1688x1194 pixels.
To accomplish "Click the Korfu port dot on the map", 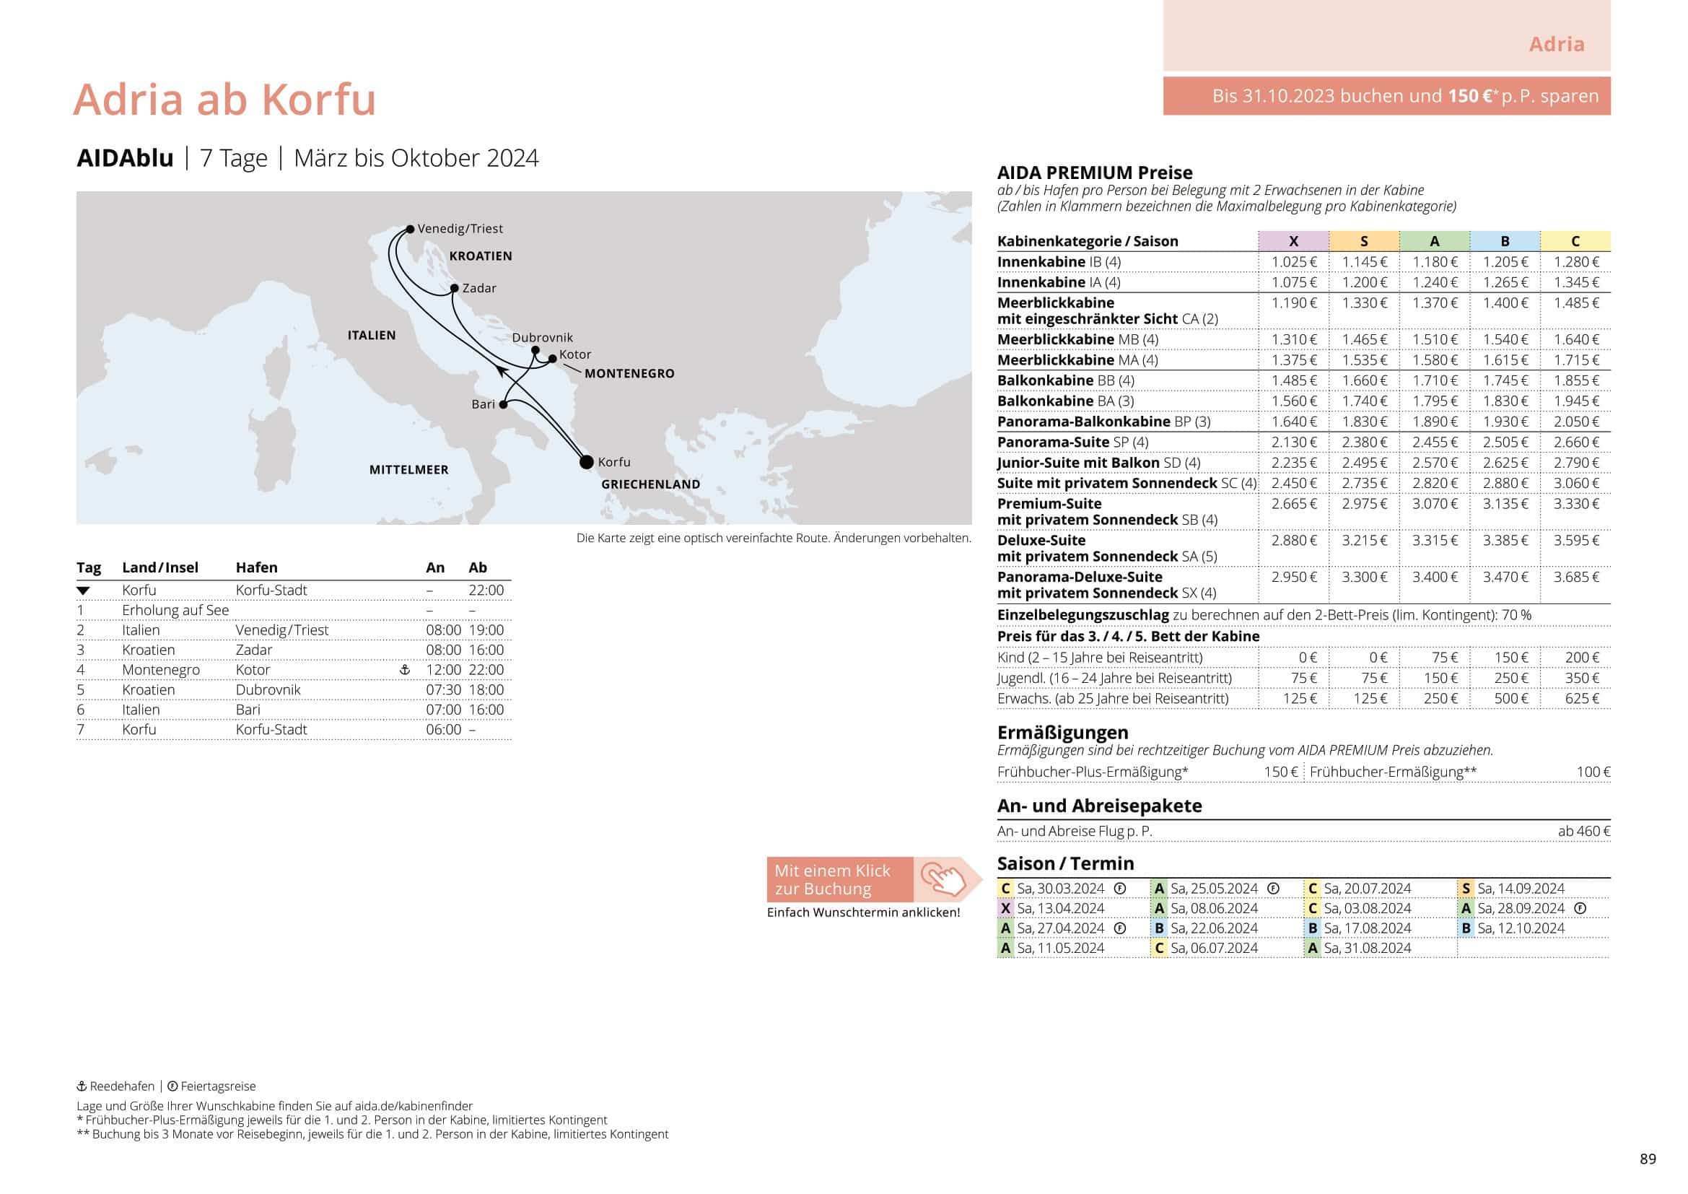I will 586,463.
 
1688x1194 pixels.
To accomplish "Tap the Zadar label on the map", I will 478,288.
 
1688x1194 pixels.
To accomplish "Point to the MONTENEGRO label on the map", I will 629,373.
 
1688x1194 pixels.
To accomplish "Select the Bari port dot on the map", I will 503,404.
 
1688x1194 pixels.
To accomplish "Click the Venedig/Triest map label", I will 460,229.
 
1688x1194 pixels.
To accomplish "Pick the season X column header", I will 1293,241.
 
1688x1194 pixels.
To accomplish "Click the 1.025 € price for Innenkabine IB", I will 1294,263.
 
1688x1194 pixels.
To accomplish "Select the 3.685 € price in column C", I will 1575,578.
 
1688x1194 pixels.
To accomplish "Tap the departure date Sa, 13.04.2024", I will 1060,909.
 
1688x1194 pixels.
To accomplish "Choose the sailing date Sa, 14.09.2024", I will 1521,889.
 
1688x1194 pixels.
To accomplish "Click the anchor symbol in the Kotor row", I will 404,670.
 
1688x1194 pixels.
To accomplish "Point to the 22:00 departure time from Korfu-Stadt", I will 486,591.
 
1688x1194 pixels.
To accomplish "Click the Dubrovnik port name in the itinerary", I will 268,689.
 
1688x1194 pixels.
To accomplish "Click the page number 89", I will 1648,1159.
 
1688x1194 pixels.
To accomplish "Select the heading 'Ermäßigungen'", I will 1062,732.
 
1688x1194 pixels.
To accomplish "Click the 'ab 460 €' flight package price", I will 1583,832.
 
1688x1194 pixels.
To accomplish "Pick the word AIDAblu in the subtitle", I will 125,158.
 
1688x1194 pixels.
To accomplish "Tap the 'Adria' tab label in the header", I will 1557,44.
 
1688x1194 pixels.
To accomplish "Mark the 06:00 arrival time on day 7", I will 443,729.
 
